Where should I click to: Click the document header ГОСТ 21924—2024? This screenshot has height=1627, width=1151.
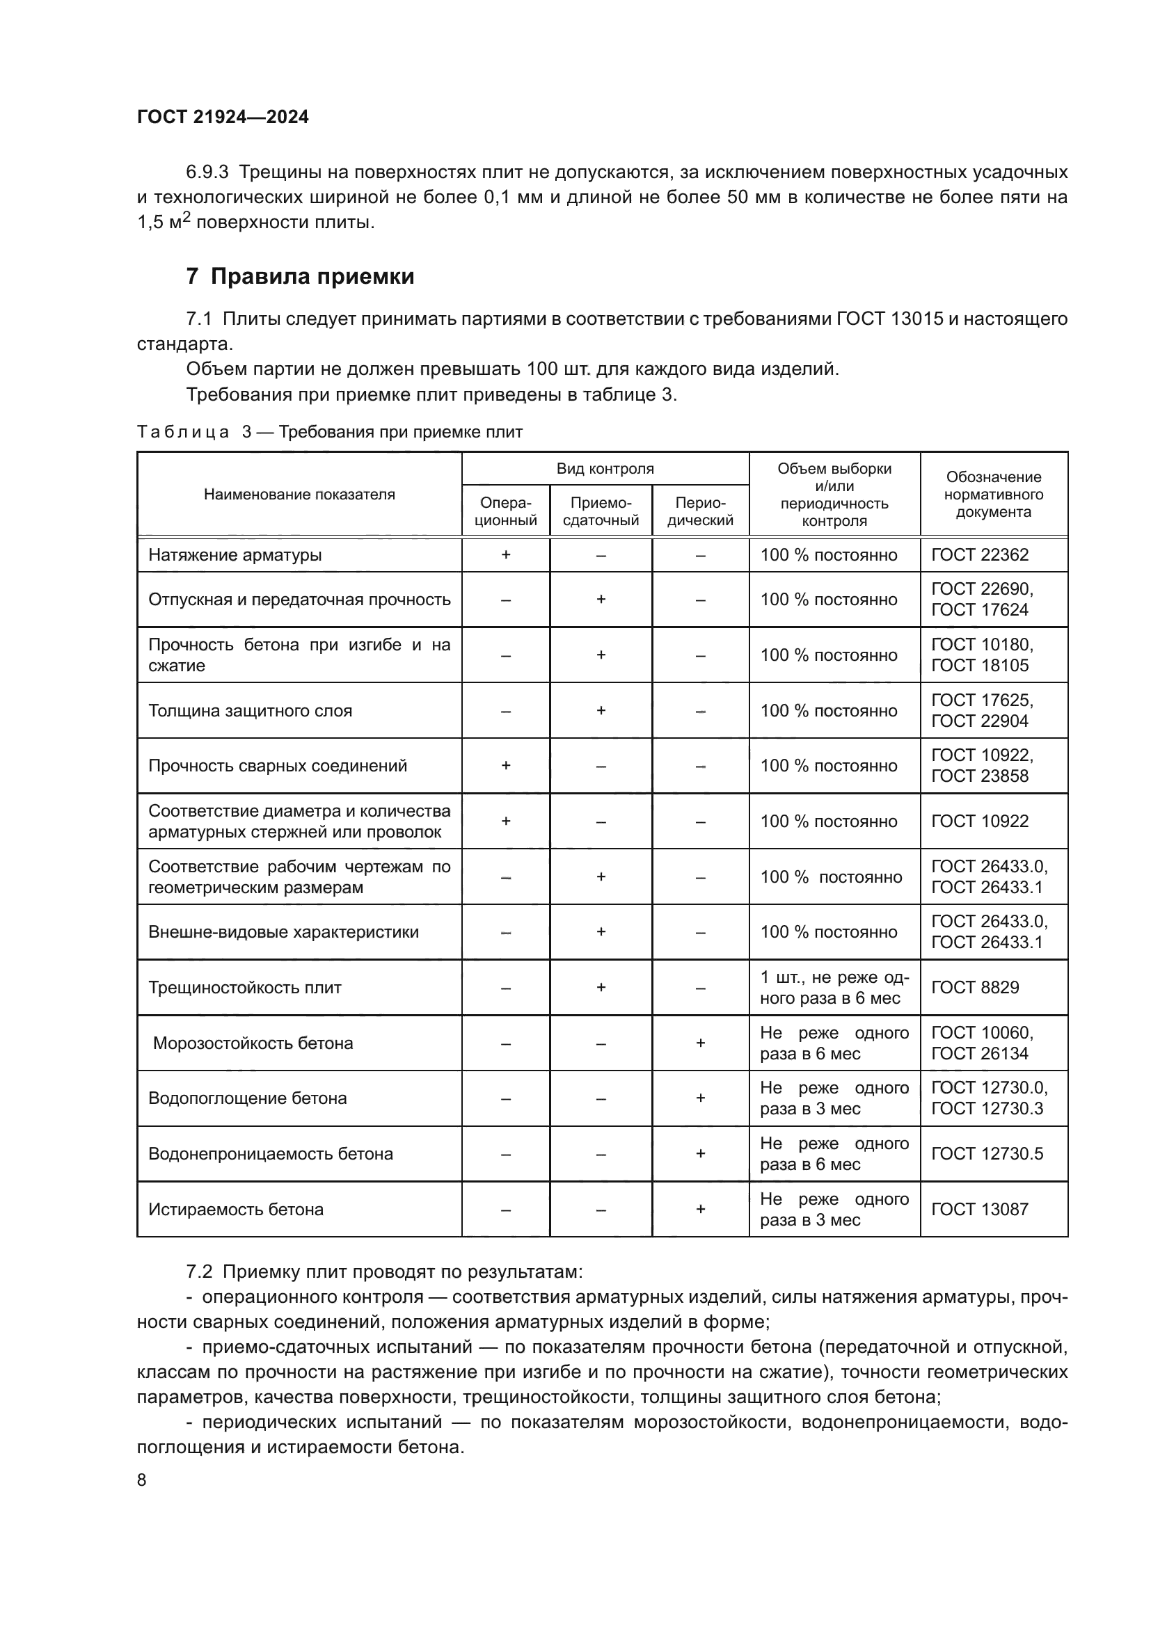pos(223,117)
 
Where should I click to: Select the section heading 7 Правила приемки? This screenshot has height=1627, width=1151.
pos(300,276)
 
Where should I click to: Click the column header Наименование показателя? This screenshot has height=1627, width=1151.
pos(299,495)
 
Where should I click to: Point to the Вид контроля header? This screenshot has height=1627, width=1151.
pos(605,468)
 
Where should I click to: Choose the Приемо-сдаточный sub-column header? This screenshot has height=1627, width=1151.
pos(601,511)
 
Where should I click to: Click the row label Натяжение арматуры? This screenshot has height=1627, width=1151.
pos(235,555)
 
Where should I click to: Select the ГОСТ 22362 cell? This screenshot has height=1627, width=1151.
pos(980,555)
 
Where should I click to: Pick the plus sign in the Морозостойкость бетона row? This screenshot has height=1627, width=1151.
pos(700,1043)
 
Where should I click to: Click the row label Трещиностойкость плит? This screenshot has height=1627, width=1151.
pos(244,988)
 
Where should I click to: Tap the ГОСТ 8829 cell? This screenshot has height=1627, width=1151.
pos(974,988)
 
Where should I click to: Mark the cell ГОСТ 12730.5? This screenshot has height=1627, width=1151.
pos(987,1153)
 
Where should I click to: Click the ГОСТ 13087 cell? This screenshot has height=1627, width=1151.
pos(980,1210)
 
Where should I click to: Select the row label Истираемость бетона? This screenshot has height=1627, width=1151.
pos(235,1210)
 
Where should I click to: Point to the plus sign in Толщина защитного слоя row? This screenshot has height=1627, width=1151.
pos(601,711)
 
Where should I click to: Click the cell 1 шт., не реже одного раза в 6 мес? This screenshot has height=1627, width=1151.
pos(834,988)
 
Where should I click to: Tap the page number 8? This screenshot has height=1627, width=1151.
pos(142,1480)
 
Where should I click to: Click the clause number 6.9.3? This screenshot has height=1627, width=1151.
pos(207,173)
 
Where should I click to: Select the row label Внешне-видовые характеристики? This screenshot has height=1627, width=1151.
pos(283,932)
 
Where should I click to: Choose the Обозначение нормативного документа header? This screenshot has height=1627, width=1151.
pos(993,495)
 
